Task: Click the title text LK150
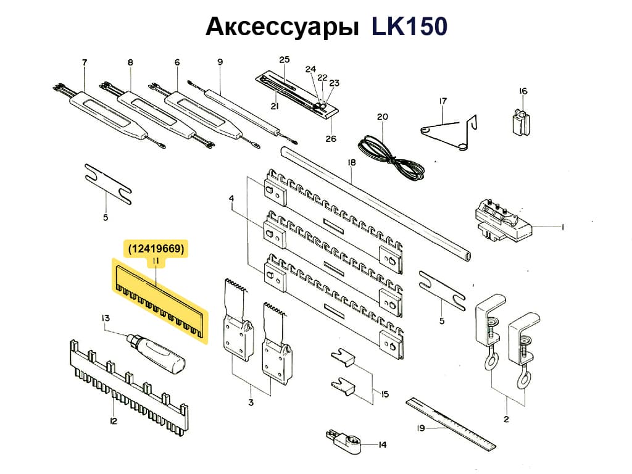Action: [409, 27]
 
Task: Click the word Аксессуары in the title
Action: [282, 28]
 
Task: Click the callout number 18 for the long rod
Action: [352, 163]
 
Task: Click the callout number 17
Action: [442, 101]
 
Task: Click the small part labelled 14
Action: [341, 439]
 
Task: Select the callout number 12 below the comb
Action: [113, 422]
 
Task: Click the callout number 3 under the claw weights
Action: [251, 403]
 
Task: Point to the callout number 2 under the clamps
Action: [505, 420]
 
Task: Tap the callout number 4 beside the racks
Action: [231, 199]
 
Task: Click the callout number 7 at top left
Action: [85, 62]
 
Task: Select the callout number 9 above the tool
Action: [220, 62]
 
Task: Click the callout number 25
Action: [284, 60]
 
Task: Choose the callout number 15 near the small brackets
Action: [385, 394]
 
